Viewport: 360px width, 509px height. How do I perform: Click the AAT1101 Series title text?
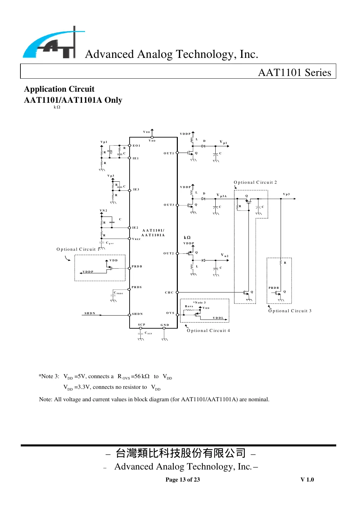point(294,73)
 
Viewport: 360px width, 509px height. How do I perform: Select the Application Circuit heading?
point(59,89)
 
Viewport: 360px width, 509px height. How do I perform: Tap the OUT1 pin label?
point(169,153)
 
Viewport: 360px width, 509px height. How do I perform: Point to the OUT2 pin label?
point(168,253)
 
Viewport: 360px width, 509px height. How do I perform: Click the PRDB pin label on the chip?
point(137,266)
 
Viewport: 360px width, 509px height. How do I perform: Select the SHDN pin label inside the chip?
point(137,314)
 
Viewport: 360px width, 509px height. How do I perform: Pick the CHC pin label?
point(169,292)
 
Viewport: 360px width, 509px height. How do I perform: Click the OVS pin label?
point(170,313)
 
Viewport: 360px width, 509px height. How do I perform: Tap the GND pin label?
point(165,325)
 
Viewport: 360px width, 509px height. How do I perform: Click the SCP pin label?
point(142,325)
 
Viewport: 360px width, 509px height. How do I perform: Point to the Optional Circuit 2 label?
point(255,182)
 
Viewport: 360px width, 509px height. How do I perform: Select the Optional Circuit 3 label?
point(290,311)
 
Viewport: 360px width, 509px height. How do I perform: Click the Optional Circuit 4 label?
point(208,331)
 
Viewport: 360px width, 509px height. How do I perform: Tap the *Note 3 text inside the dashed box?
point(200,303)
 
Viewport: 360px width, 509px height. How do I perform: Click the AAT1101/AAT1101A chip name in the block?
point(153,233)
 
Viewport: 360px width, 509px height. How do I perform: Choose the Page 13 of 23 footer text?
point(183,480)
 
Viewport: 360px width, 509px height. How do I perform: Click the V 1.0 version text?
point(307,480)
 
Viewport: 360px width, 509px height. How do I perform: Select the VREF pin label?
point(136,239)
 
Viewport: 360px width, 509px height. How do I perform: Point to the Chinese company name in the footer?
point(181,453)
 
